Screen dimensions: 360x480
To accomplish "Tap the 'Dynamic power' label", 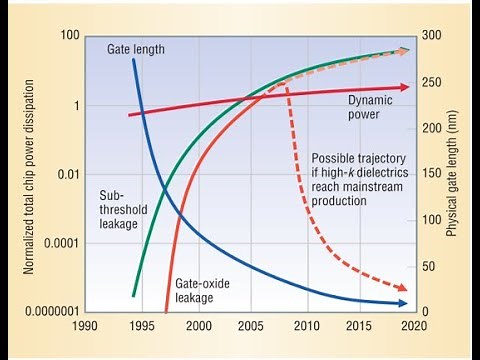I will point(370,107).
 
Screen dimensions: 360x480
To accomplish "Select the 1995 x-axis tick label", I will point(145,325).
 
